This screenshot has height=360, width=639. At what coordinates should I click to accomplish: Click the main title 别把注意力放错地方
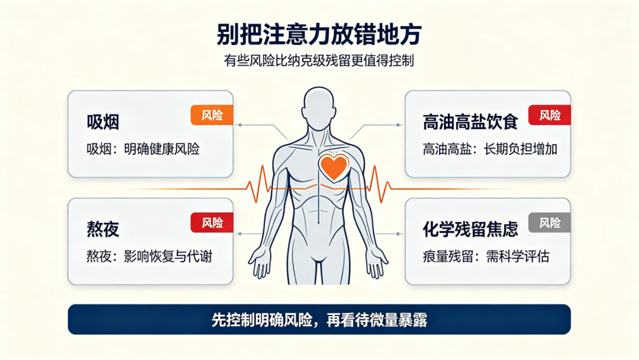[319, 34]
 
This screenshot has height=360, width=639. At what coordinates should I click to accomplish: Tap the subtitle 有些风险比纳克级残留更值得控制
[319, 61]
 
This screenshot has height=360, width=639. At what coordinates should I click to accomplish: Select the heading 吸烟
[103, 122]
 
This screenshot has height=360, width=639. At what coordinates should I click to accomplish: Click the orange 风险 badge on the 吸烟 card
[212, 115]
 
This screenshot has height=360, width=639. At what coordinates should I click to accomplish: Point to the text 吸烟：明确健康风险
[143, 149]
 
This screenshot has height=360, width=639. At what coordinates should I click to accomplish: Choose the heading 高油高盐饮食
[470, 122]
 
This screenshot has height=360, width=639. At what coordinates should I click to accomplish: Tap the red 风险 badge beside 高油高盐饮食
[549, 115]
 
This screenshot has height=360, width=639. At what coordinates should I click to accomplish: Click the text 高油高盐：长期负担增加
[490, 149]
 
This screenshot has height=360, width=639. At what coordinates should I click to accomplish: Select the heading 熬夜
[103, 229]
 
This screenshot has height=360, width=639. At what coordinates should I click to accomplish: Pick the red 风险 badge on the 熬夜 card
[212, 223]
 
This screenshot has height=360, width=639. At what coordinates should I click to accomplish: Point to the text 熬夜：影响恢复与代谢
[149, 256]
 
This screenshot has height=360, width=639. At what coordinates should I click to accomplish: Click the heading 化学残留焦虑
[470, 229]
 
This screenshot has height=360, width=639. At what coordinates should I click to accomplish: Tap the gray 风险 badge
[549, 223]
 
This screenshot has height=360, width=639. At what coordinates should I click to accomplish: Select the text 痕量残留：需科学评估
[486, 256]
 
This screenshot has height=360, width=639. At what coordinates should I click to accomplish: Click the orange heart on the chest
[334, 166]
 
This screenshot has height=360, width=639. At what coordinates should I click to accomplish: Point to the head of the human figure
[319, 104]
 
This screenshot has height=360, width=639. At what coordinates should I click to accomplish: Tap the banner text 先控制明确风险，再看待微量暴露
[319, 320]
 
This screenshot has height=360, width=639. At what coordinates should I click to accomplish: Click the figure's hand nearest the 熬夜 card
[260, 262]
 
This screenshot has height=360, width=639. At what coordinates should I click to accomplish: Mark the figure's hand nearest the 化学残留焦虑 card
[377, 262]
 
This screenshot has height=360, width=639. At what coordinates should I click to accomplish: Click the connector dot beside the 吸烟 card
[240, 125]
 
